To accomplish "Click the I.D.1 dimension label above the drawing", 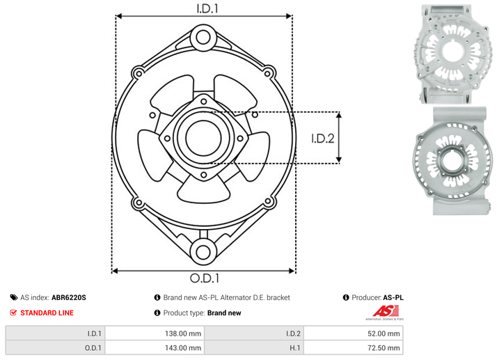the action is (x=207, y=8).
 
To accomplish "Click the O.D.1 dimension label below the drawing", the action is (x=205, y=278).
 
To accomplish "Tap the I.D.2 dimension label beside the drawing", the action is (x=323, y=139).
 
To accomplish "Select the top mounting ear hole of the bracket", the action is (x=203, y=38).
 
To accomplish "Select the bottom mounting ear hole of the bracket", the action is (x=203, y=252).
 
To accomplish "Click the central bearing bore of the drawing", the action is (x=203, y=138).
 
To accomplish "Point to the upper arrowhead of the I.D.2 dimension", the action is (x=339, y=115).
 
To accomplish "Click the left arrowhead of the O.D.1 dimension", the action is (x=115, y=271).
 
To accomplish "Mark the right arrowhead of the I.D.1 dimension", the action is (x=289, y=16).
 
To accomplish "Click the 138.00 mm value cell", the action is (x=155, y=334).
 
